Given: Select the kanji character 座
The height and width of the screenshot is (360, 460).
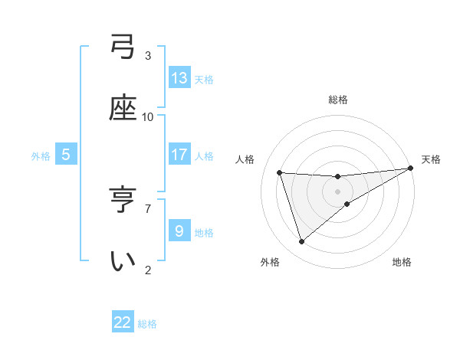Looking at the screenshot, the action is (x=123, y=109).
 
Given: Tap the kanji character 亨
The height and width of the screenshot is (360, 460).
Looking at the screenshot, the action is (x=123, y=201).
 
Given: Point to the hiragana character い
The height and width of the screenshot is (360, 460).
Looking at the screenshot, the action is (x=123, y=261).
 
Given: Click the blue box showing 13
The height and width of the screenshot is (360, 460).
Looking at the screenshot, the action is (x=179, y=77).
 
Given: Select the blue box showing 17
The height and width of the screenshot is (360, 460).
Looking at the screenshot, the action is (x=179, y=154).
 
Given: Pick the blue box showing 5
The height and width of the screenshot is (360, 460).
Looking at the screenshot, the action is (x=66, y=154).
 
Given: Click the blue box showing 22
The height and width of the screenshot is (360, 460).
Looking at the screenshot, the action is (x=123, y=322).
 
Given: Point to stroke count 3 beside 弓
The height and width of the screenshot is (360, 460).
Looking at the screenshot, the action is (x=148, y=56).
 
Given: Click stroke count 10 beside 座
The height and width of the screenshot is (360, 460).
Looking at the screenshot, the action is (x=148, y=117).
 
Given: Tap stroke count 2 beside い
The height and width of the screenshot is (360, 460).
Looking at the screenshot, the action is (x=148, y=270).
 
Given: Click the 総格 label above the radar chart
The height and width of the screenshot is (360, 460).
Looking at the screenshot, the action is (x=338, y=100).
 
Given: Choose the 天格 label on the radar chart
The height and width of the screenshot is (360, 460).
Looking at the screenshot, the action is (x=431, y=159).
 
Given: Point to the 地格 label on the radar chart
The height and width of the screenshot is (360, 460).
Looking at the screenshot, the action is (x=402, y=262).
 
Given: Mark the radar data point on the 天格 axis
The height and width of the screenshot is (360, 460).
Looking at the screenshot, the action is (x=410, y=169).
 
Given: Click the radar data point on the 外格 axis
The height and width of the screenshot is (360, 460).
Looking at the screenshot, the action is (x=301, y=242).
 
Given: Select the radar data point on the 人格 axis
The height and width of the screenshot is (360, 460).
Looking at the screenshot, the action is (x=280, y=172).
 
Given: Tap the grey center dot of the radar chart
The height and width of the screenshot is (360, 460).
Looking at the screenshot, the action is (x=338, y=191).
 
